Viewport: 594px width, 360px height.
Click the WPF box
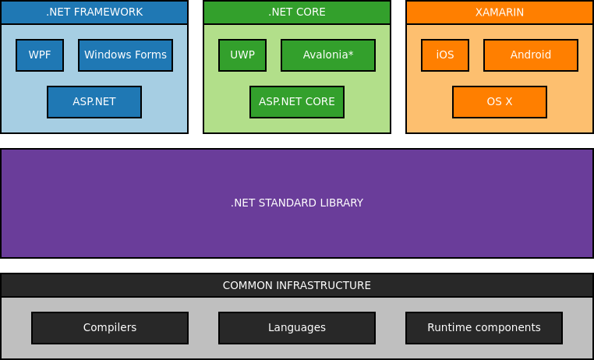40,55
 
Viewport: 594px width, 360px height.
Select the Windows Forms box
126,55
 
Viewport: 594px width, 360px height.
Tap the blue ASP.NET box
94,102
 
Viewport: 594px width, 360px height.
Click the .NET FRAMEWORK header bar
94,12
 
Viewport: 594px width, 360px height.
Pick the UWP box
242,55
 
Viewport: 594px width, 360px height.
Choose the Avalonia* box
328,55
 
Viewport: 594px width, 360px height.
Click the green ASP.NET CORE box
297,102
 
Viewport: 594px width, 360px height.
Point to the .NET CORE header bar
297,12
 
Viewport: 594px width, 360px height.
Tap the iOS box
445,55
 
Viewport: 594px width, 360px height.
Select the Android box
531,55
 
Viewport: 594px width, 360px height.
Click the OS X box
500,102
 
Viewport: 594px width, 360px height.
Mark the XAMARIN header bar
500,12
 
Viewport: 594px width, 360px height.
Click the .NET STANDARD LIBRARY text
297,203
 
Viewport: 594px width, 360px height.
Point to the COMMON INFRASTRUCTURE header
297,285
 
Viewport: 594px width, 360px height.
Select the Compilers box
110,328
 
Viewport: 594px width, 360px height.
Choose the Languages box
297,328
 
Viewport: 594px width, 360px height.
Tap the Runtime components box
484,328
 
